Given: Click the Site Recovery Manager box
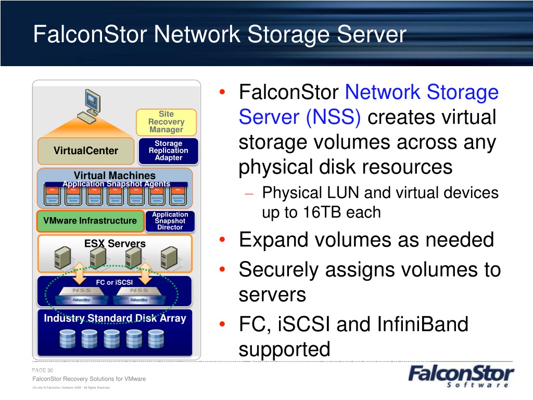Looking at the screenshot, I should (x=166, y=121).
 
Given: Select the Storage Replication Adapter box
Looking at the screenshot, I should (x=168, y=151).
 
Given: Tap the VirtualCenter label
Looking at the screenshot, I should (x=86, y=151).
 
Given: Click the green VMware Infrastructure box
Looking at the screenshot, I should (x=90, y=221).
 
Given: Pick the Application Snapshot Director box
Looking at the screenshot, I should (x=170, y=221).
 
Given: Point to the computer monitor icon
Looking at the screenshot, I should (x=91, y=104).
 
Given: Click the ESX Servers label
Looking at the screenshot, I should (x=115, y=243).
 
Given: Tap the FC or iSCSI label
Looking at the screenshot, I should (x=115, y=282).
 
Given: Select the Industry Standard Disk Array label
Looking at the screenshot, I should (x=115, y=318).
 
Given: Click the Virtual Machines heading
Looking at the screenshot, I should (x=115, y=176).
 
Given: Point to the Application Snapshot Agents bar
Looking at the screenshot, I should (x=116, y=184).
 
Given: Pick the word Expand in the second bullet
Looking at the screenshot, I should (x=274, y=241).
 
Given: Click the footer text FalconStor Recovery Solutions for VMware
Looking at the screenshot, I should (x=89, y=379).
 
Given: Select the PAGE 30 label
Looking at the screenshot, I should (x=43, y=370).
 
